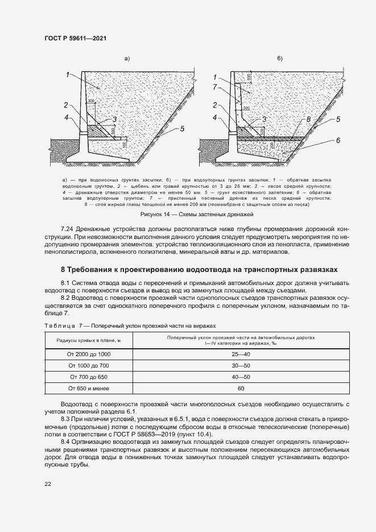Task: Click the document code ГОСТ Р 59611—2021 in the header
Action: [x=75, y=38]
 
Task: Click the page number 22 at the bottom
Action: [x=47, y=484]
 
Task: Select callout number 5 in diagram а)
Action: [x=182, y=129]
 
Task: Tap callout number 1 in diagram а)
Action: [x=67, y=75]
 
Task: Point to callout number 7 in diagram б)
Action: [x=214, y=87]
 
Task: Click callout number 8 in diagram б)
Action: [x=308, y=120]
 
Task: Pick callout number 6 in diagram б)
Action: [x=338, y=139]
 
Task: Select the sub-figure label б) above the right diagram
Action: [x=279, y=59]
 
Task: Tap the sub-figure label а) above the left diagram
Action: [x=127, y=59]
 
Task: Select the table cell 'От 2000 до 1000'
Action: [x=88, y=354]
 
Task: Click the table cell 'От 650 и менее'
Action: [x=88, y=388]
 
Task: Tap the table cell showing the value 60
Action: [x=241, y=388]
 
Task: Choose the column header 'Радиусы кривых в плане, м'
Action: [x=88, y=340]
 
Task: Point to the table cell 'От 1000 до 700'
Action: [x=88, y=365]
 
